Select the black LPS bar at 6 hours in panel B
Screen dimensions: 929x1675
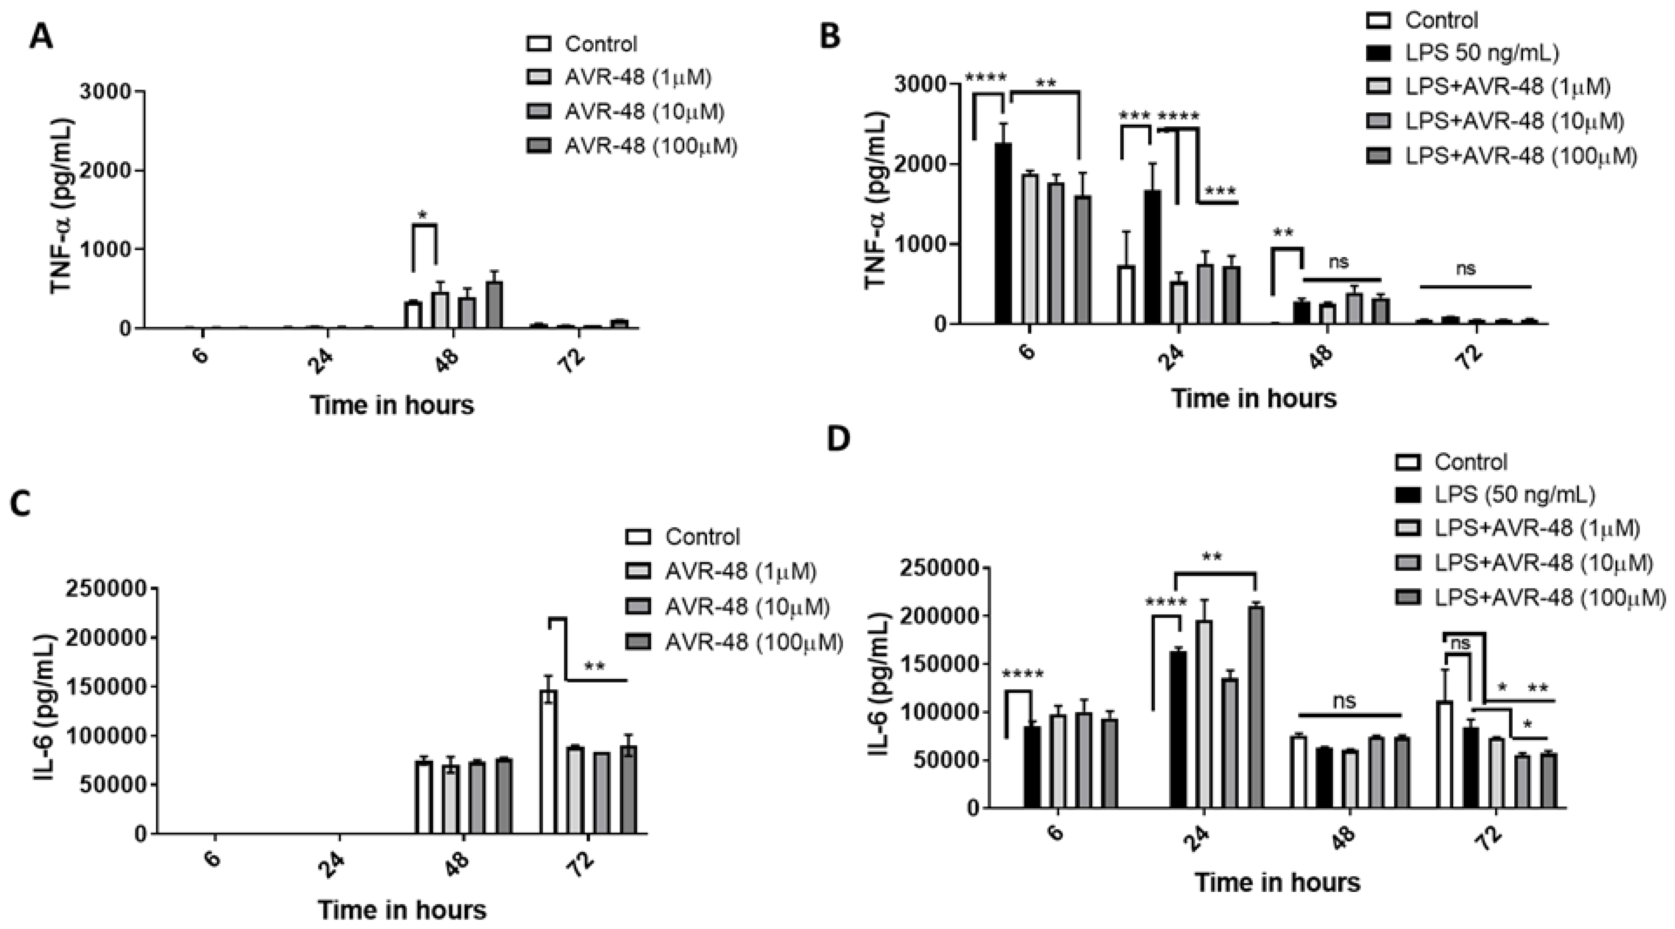(x=1003, y=234)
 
